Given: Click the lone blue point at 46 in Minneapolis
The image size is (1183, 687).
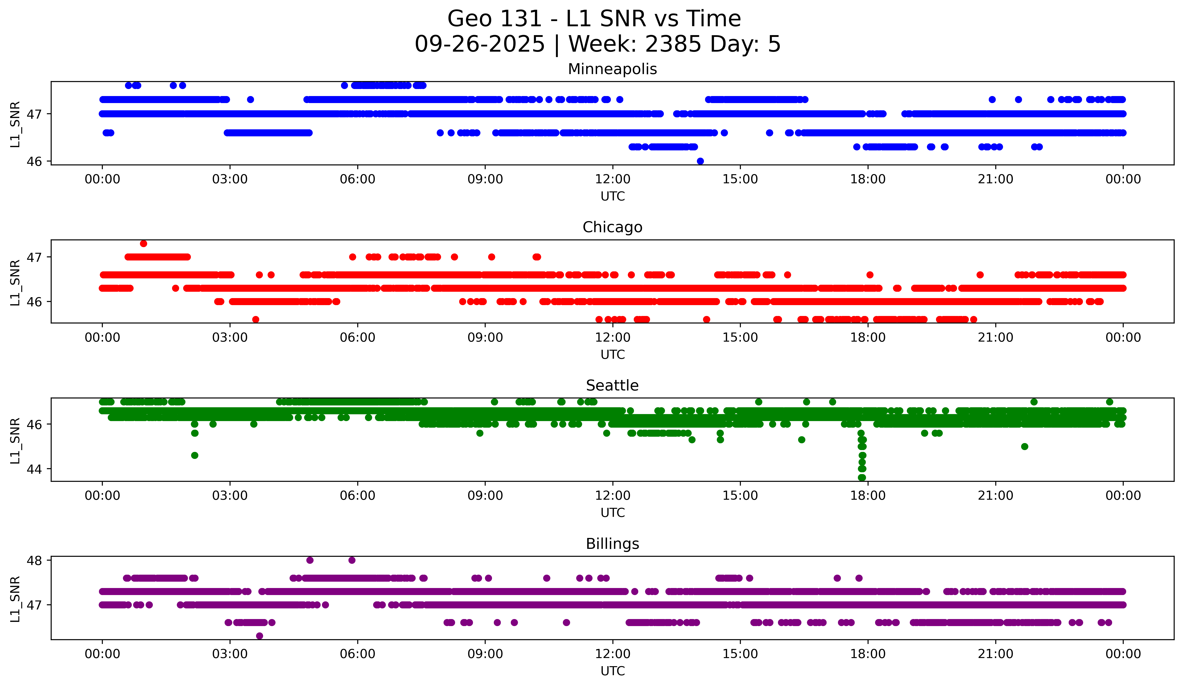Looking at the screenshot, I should point(701,161).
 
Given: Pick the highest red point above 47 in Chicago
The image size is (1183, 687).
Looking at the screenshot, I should point(144,243).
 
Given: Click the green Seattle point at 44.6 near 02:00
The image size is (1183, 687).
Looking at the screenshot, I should point(195,455).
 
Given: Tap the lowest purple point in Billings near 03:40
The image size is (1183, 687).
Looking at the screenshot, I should point(260,636).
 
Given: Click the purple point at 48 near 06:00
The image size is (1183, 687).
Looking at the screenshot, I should point(352,560).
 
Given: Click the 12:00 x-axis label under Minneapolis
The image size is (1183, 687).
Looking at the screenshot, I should point(613,179).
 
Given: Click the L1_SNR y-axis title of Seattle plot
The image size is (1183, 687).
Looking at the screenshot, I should point(15,441).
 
